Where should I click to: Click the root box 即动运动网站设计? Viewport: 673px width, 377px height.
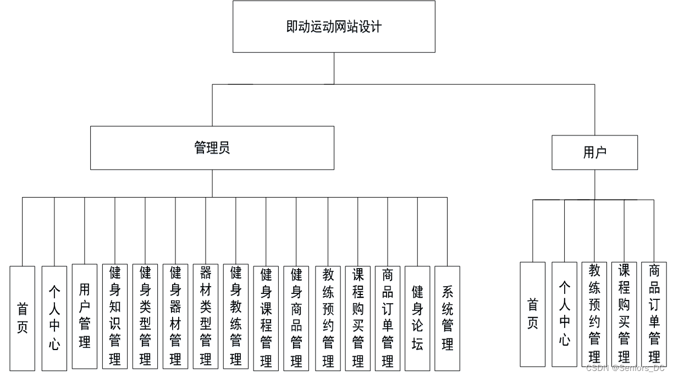334,26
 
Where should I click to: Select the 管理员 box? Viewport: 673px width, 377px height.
212,148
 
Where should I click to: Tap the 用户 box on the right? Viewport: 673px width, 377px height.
594,152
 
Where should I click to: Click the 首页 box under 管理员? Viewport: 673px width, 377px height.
22,318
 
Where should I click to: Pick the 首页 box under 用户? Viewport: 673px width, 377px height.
532,314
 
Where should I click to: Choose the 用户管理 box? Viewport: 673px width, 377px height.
85,316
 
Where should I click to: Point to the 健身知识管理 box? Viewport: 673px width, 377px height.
115,316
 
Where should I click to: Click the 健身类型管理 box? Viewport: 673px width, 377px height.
145,316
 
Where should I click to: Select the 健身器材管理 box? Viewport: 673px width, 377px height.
175,316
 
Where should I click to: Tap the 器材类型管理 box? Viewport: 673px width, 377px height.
206,316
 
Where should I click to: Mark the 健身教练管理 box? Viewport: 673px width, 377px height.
236,316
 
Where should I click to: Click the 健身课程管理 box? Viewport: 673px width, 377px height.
266,318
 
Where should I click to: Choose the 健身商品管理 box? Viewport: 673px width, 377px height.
296,318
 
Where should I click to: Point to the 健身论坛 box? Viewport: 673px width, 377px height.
417,318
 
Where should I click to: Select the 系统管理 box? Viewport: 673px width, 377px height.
448,318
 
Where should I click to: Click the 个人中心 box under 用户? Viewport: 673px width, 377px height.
564,314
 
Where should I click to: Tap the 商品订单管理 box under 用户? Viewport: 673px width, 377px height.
654,314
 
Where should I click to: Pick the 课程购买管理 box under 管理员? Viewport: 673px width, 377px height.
358,318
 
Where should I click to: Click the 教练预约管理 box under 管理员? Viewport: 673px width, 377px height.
328,318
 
